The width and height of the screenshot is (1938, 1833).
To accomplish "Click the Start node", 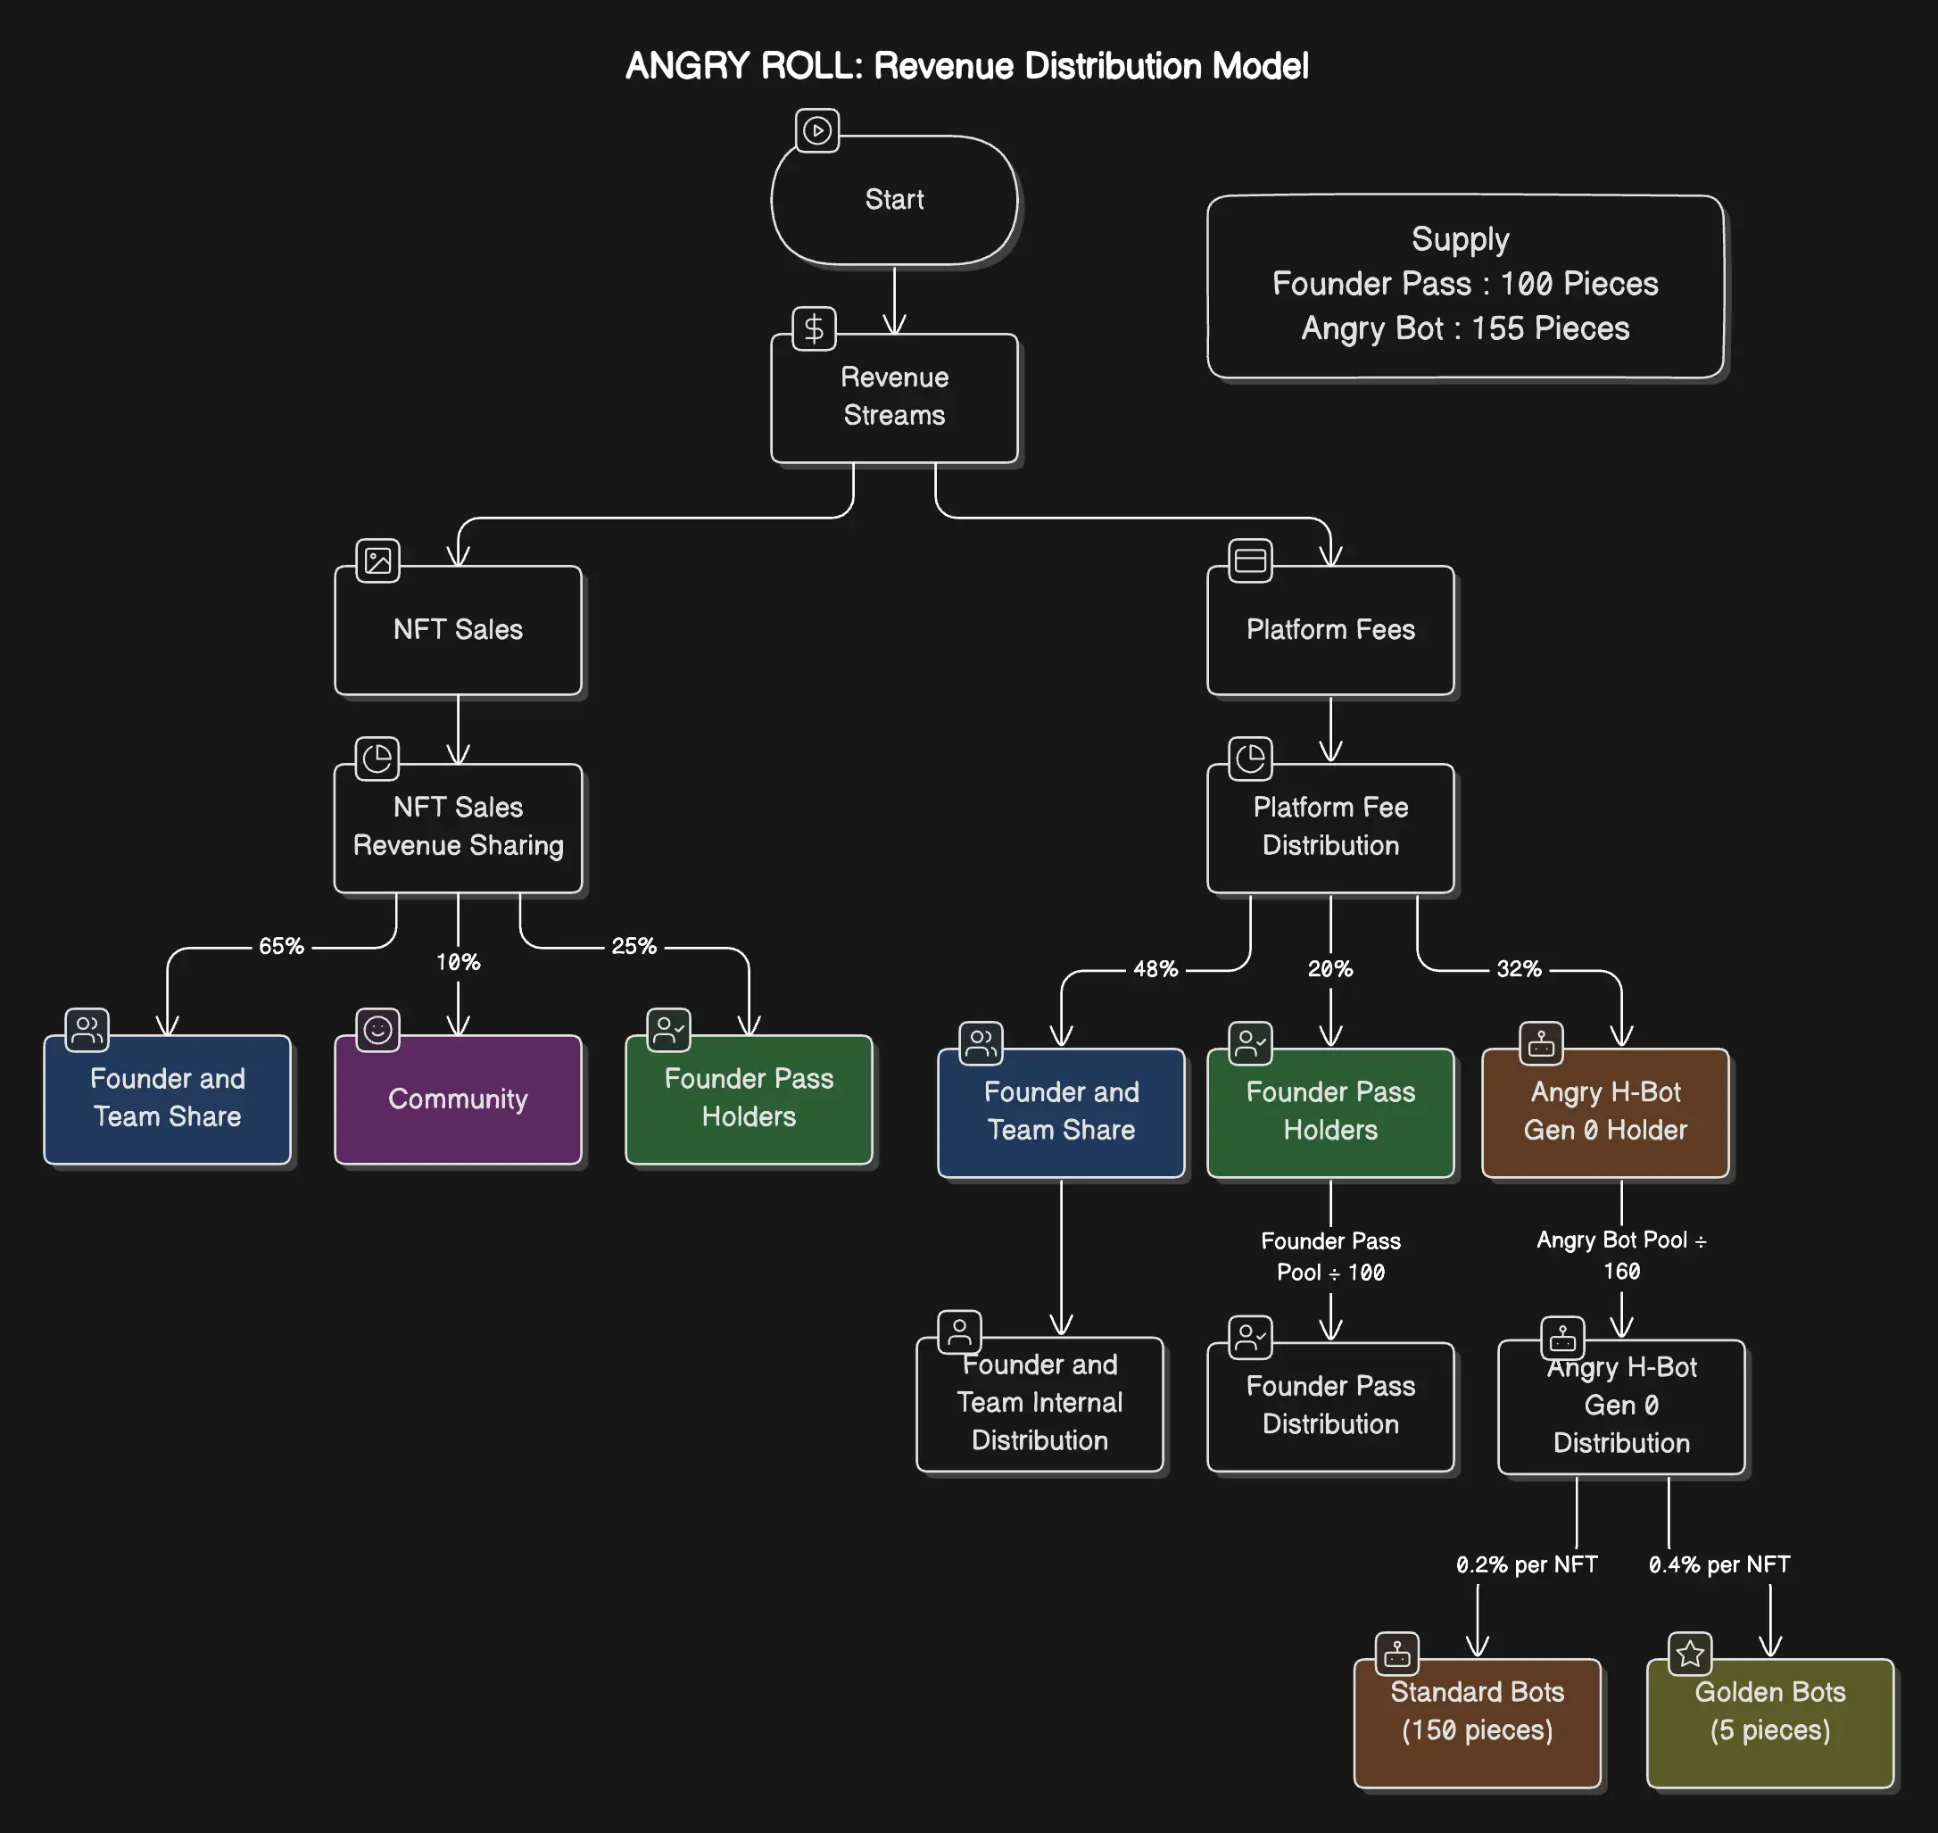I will click(894, 200).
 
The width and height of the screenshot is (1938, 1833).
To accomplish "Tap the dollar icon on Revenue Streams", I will click(814, 329).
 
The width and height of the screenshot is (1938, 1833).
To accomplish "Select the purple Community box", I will click(457, 1099).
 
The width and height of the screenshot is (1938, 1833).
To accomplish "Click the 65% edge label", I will click(280, 946).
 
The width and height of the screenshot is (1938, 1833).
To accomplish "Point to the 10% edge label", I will click(457, 962).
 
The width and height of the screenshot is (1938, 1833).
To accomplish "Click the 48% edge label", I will click(1155, 969).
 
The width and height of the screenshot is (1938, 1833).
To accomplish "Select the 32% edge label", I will click(1518, 969).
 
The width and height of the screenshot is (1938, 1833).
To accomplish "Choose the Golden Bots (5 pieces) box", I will click(1769, 1722).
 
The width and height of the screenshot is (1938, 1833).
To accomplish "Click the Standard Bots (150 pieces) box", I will click(1476, 1722).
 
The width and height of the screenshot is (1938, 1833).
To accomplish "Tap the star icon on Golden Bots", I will click(1690, 1655).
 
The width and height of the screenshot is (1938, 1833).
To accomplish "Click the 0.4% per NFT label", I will click(1719, 1564).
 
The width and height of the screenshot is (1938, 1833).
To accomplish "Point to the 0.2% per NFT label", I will click(1526, 1564).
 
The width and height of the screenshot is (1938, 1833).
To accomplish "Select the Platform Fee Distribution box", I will click(1329, 827).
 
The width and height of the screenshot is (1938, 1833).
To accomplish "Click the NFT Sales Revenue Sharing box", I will click(457, 827).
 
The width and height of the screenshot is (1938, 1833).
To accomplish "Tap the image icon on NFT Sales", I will click(377, 560).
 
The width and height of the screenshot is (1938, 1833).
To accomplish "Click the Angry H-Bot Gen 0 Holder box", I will click(1604, 1112).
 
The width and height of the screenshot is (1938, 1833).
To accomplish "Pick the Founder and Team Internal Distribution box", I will click(1039, 1403).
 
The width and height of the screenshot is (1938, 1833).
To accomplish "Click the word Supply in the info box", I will click(1460, 239).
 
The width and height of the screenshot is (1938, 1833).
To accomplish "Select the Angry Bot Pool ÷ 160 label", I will click(1620, 1256).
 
